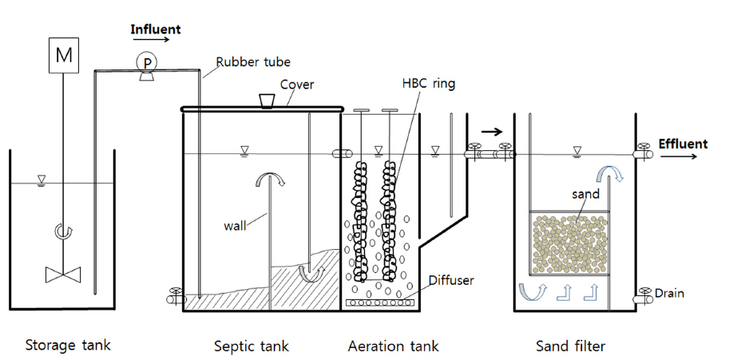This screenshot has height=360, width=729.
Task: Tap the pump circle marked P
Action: click(147, 61)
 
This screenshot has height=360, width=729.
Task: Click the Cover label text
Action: click(295, 84)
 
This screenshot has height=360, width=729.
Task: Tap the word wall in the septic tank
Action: click(236, 225)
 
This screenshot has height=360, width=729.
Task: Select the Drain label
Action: click(668, 293)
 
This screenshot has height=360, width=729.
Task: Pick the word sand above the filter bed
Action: click(585, 193)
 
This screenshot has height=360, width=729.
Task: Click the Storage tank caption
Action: click(68, 346)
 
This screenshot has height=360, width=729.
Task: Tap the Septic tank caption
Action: click(252, 346)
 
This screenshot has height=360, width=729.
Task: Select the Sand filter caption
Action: click(570, 346)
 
